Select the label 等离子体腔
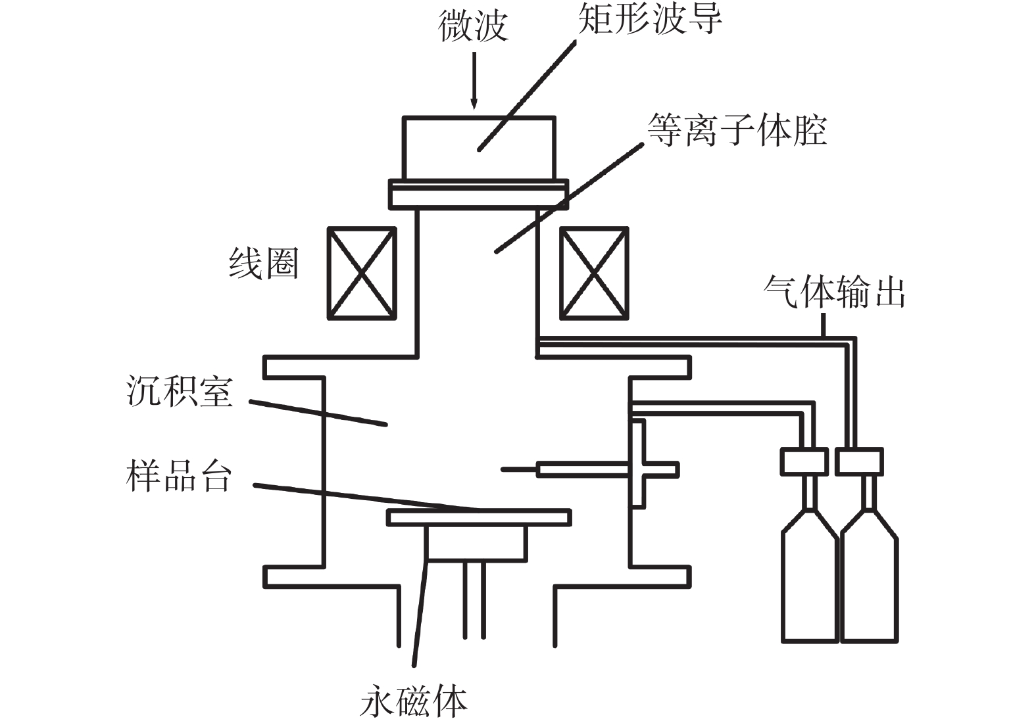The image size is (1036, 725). pos(737,129)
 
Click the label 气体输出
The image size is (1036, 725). pos(834,291)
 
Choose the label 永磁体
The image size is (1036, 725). pos(413,701)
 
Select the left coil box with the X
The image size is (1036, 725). pos(362,273)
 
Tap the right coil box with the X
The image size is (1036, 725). pos(593,273)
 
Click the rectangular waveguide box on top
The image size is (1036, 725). pos(478,148)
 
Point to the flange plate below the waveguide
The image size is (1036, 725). pos(478,195)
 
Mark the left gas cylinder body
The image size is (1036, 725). pos(810,585)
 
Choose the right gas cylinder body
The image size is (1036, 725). pos(870,585)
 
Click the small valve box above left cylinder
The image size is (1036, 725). pos(803,461)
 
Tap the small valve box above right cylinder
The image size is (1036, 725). pos(859,461)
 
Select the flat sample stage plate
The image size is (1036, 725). pos(478,517)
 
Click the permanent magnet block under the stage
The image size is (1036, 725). pos(476,543)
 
